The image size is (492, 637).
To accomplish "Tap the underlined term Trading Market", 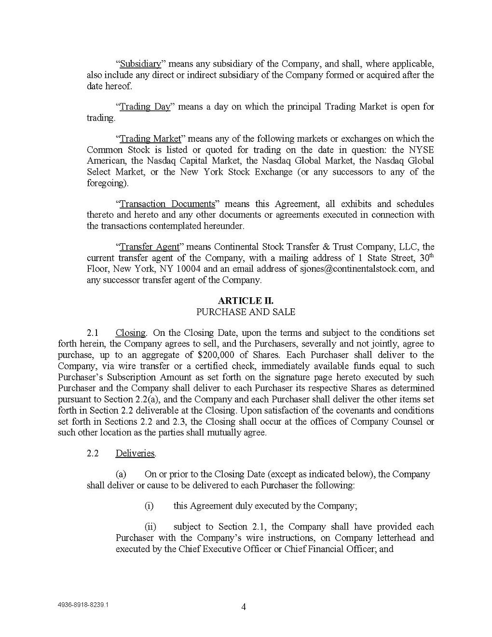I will [150, 139].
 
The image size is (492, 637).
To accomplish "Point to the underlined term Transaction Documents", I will [167, 204].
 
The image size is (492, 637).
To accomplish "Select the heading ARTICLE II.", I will [246, 301].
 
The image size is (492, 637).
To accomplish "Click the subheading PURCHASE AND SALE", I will [246, 312].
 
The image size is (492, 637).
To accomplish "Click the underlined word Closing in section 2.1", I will [130, 333].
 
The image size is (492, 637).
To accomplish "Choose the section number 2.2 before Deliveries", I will [93, 454].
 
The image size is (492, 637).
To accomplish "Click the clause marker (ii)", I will [150, 527].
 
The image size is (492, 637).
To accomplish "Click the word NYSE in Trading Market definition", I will [423, 150].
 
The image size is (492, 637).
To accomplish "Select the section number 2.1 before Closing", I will [93, 333].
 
